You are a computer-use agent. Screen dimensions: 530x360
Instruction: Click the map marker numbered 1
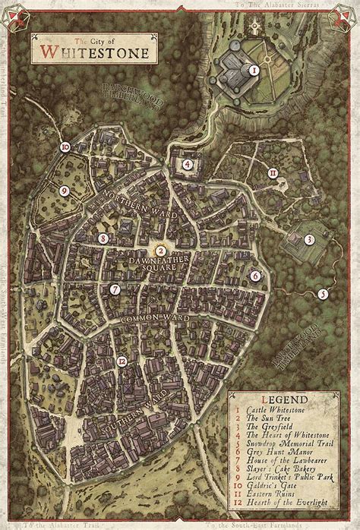pos(255,70)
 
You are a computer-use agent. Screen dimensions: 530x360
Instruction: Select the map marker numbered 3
pos(309,239)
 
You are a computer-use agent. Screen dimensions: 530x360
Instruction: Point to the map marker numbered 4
pos(187,163)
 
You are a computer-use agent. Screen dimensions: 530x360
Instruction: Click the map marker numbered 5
pos(323,294)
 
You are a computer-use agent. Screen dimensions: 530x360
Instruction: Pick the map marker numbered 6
pos(255,276)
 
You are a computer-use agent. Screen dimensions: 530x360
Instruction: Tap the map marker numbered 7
pos(115,289)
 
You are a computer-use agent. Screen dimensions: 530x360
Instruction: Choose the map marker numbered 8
pos(103,238)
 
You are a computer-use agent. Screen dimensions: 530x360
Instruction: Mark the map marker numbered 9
pos(65,191)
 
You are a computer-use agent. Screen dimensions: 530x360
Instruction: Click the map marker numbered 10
pos(65,147)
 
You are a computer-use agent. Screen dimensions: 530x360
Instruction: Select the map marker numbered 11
pos(273,173)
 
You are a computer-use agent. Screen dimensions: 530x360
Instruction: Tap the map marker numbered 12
pos(122,361)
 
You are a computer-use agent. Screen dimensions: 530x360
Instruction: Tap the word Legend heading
pos(284,399)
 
